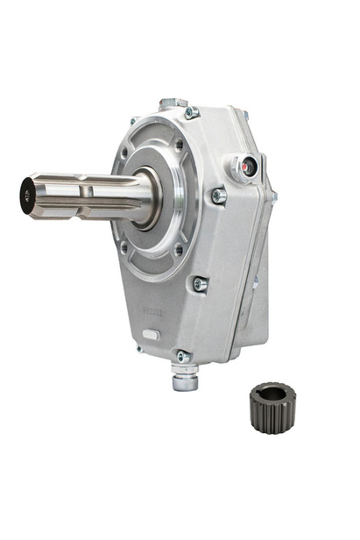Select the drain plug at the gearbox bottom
[185, 380]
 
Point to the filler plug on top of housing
[173, 103]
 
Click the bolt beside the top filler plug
[192, 113]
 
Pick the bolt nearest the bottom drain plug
[181, 356]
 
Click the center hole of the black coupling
[272, 394]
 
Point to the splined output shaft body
[88, 195]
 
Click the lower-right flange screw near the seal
[179, 250]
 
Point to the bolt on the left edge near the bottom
[139, 348]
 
